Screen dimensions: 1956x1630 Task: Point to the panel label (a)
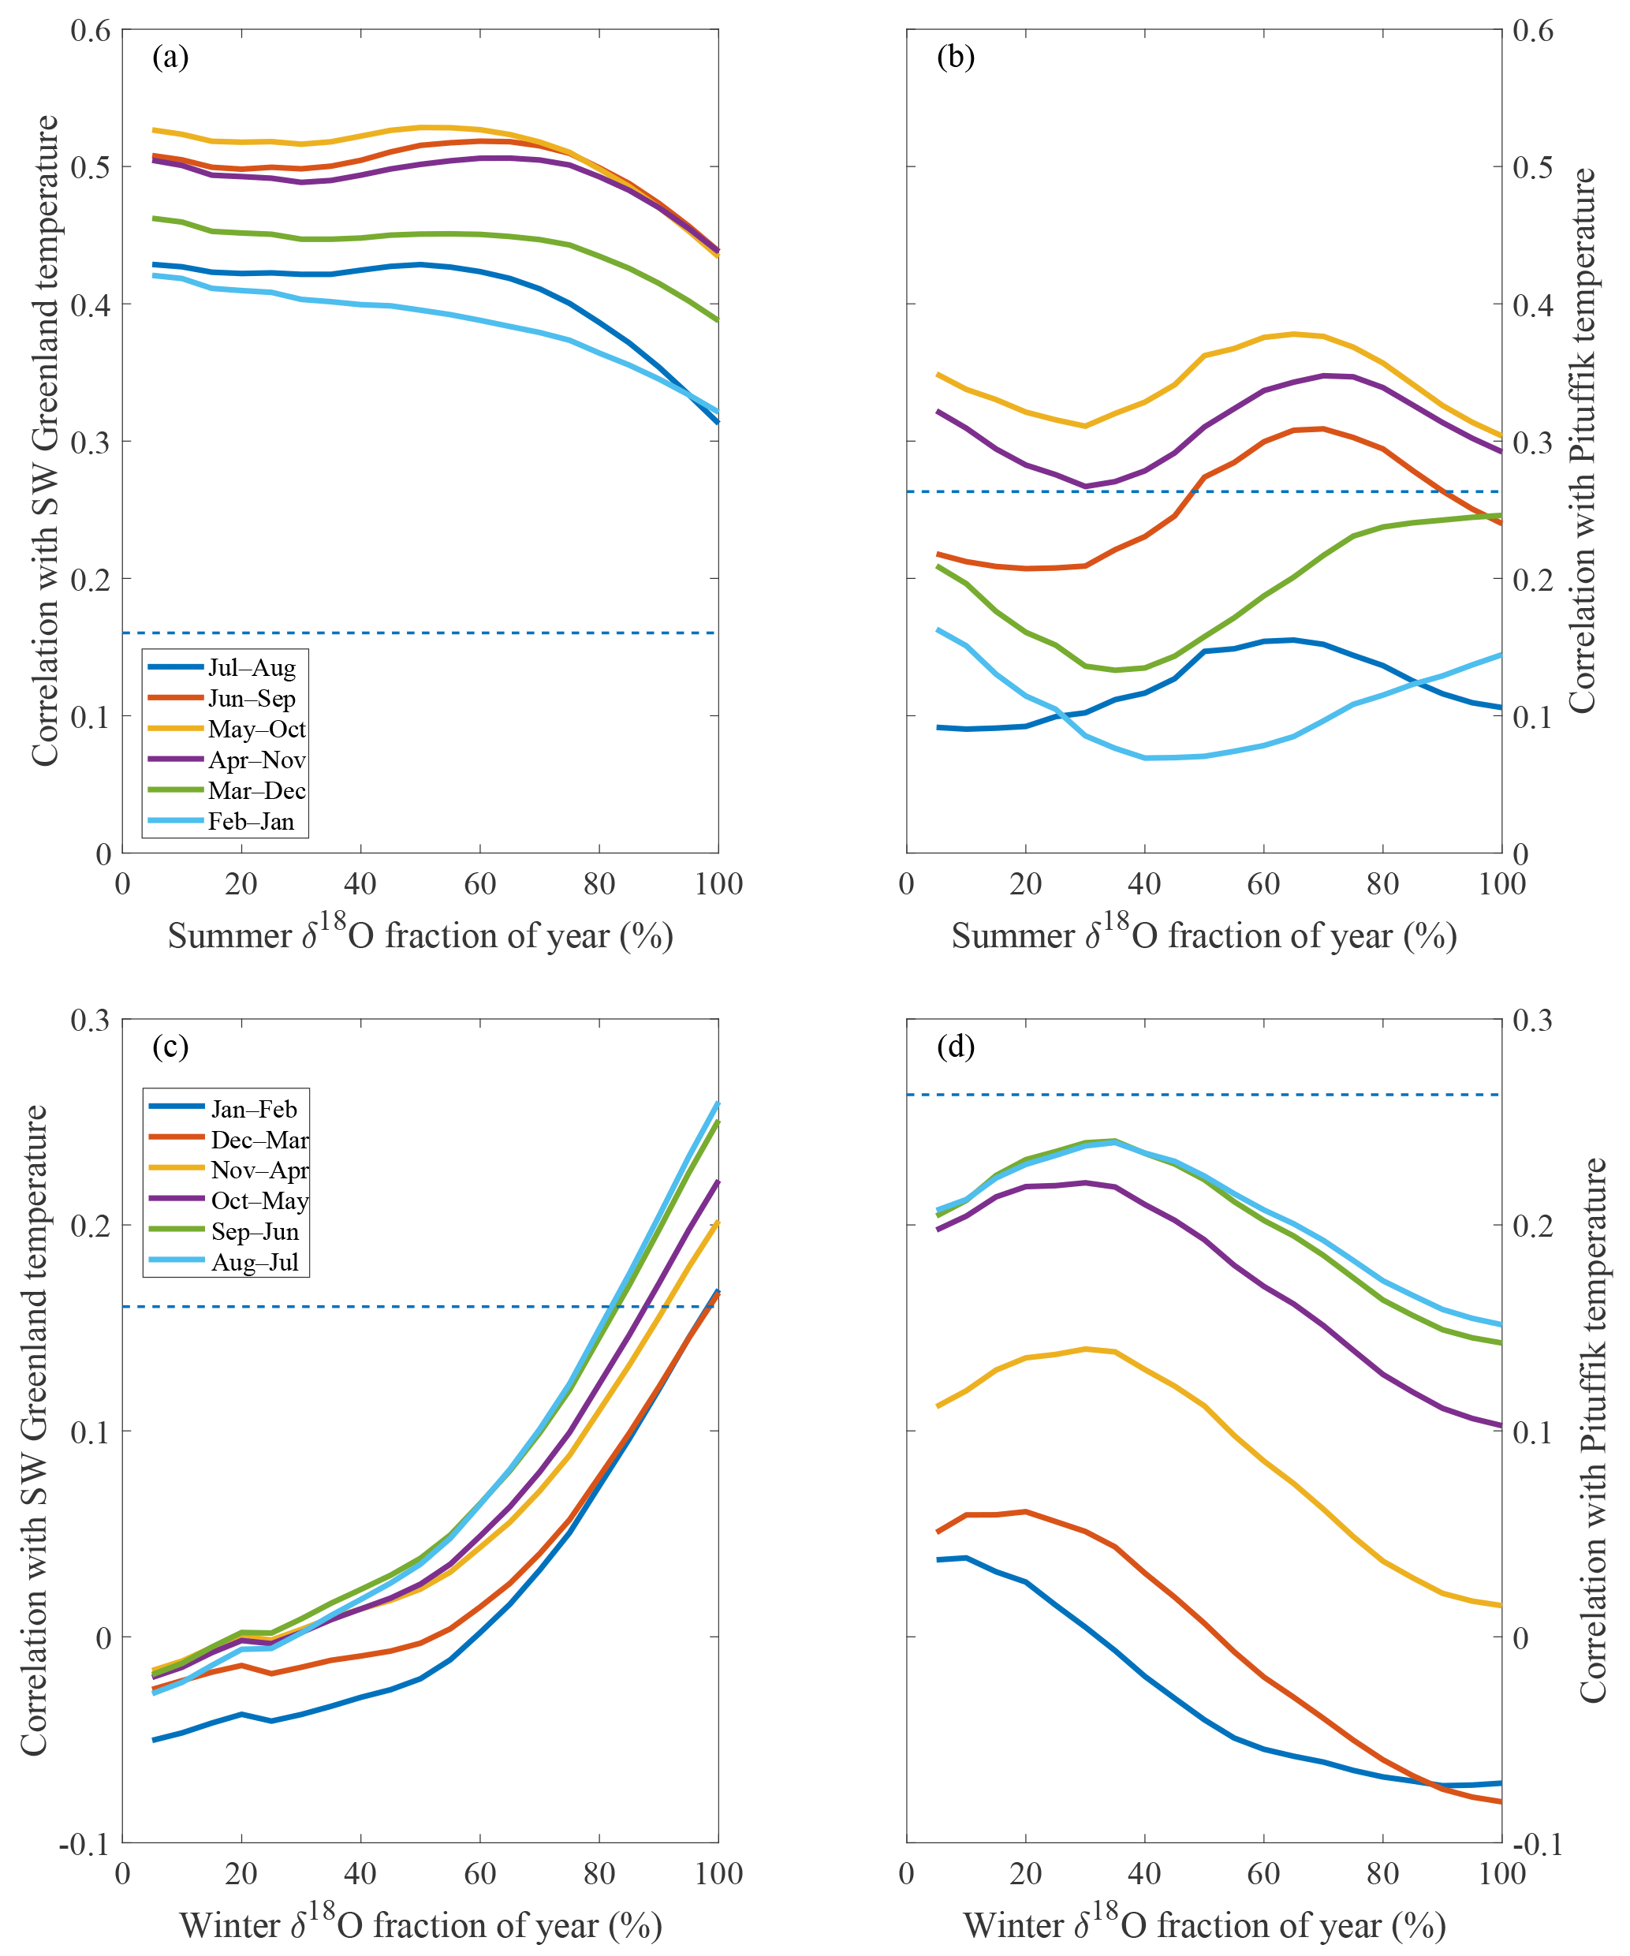(x=170, y=58)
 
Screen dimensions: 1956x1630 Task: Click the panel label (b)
(x=956, y=58)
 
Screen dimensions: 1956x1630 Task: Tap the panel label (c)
(x=170, y=1047)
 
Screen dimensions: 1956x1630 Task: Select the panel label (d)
(x=956, y=1047)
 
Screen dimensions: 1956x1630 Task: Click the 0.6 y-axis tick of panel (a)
(x=91, y=31)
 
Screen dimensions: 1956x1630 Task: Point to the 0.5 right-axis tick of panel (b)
(x=1532, y=168)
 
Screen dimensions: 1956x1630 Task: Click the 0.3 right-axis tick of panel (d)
(x=1532, y=1020)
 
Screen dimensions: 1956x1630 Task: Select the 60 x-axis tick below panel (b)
(x=1264, y=884)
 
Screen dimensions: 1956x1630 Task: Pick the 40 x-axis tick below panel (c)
(x=360, y=1873)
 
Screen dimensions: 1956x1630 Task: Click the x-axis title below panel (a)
(x=420, y=935)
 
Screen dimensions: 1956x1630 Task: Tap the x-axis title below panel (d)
(x=1204, y=1924)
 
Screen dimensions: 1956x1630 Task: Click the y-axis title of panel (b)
(x=1582, y=442)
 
